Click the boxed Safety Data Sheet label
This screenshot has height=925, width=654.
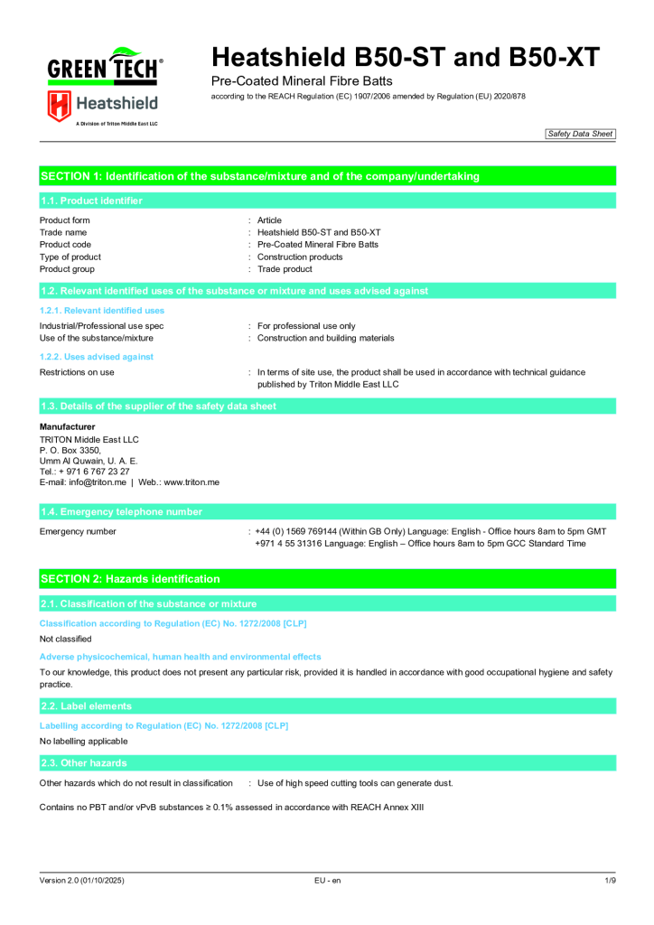coord(580,134)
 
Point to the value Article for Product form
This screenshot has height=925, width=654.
coord(269,220)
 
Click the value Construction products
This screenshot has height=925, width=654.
coord(300,257)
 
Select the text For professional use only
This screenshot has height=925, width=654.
coord(306,326)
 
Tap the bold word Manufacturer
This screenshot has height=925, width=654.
coord(67,426)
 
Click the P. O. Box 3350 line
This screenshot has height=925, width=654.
coord(70,450)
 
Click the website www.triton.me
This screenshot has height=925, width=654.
coord(192,482)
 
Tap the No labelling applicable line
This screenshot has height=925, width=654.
coord(84,742)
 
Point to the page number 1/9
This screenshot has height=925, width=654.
coord(610,880)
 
